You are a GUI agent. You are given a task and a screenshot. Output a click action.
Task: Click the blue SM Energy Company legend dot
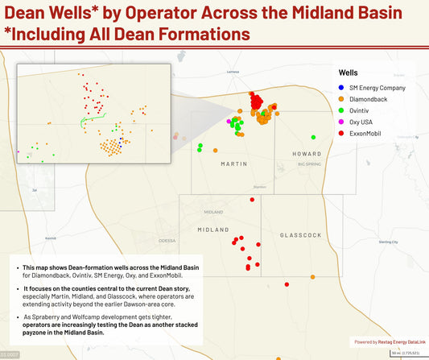342,87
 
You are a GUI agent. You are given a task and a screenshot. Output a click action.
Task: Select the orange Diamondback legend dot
342,99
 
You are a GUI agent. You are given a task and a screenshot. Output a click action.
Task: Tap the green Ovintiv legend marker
342,110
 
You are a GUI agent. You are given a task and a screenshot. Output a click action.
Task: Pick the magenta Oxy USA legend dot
342,122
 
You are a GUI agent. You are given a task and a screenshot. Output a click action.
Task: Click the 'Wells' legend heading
349,72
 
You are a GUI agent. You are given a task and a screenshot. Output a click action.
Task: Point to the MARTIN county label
234,163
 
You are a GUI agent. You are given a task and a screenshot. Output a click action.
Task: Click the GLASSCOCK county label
300,234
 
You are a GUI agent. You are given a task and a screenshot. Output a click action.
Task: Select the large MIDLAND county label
213,230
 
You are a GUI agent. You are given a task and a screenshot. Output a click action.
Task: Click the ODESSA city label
167,241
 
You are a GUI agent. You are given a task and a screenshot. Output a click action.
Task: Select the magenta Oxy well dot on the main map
229,120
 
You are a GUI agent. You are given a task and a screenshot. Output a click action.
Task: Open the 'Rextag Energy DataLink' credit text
395,341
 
